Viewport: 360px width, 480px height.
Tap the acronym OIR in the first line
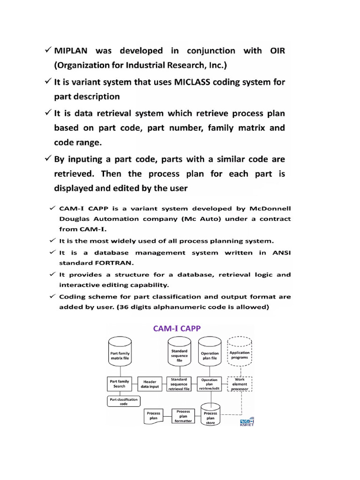point(275,51)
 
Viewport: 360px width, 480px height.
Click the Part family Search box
point(119,383)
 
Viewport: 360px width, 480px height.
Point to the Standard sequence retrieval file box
point(179,384)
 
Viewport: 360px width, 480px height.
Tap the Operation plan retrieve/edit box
point(210,384)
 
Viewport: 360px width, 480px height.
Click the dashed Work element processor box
point(240,384)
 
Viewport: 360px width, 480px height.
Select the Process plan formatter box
point(183,416)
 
